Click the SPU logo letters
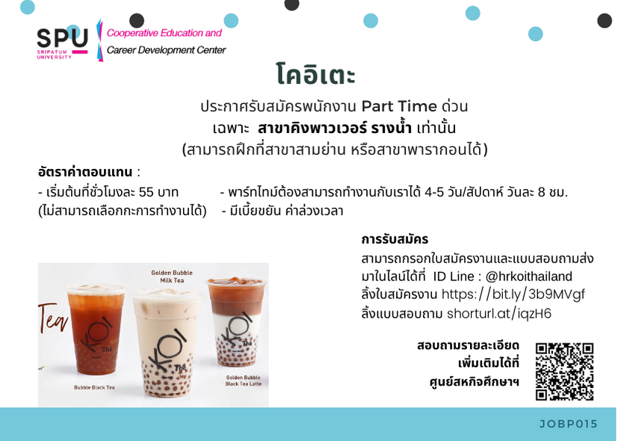click(62, 38)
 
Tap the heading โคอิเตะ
click(315, 75)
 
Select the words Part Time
click(399, 106)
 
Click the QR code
click(564, 371)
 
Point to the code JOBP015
click(569, 424)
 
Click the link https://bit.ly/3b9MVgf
click(513, 294)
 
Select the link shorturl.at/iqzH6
click(499, 314)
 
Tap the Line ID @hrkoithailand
click(528, 277)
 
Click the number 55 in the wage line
click(146, 192)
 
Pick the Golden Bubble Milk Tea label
click(172, 277)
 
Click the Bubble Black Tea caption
click(94, 387)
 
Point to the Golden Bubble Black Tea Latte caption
click(243, 380)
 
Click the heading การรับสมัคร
click(395, 239)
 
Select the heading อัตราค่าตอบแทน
click(85, 172)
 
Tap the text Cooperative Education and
click(164, 33)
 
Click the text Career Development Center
click(167, 50)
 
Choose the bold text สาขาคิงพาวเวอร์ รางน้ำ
click(335, 128)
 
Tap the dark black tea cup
click(96, 329)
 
